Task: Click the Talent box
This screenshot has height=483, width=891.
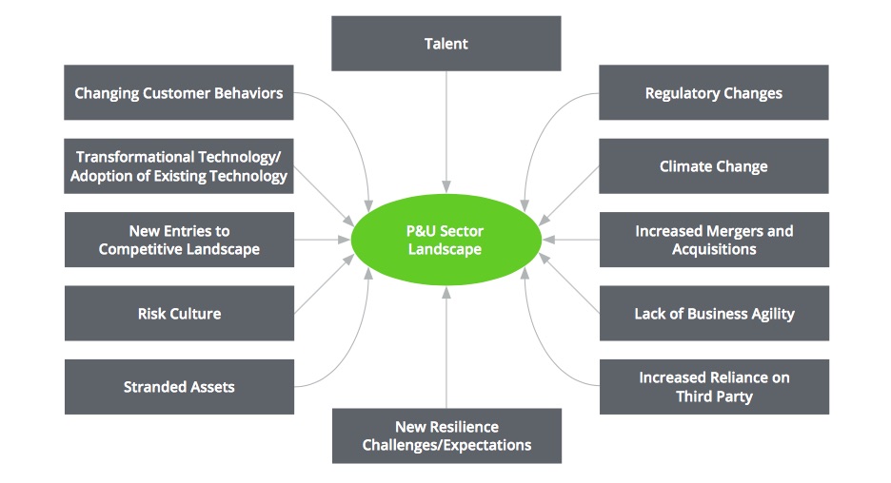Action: [x=445, y=44]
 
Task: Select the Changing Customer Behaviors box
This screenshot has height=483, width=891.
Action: [x=179, y=92]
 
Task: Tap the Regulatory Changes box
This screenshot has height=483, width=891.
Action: [x=713, y=92]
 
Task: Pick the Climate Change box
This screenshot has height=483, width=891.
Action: [x=713, y=166]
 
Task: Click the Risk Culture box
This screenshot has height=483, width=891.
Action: [x=179, y=313]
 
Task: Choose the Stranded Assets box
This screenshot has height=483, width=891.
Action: [x=179, y=387]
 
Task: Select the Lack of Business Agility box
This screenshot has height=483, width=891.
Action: [x=713, y=313]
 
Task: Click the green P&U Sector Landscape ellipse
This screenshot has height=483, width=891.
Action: [x=445, y=240]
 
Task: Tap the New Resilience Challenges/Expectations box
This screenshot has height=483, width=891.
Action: [x=445, y=435]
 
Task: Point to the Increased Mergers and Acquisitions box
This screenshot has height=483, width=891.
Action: [x=713, y=240]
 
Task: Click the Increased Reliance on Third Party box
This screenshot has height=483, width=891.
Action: [x=713, y=387]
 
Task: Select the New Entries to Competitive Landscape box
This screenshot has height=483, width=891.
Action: [x=179, y=240]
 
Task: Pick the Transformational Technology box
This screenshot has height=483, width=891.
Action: [x=179, y=166]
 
